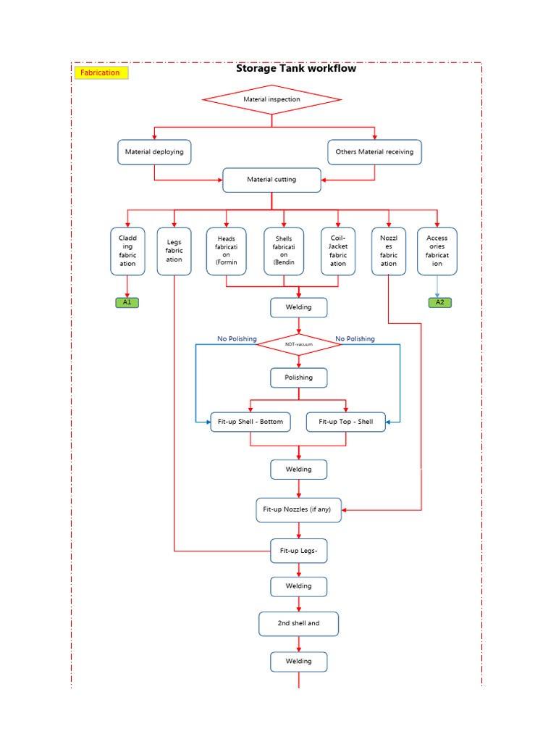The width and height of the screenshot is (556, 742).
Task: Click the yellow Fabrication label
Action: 101,72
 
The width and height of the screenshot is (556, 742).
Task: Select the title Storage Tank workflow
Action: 295,68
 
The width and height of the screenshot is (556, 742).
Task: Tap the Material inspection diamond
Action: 271,99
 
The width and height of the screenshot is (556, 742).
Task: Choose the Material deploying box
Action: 154,152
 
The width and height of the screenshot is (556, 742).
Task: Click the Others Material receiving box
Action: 374,152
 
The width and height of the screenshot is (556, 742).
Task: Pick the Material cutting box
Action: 271,180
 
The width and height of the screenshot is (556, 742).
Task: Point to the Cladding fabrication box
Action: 127,251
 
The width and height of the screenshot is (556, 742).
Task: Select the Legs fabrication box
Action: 174,251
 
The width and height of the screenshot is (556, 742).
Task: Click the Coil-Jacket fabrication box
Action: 338,251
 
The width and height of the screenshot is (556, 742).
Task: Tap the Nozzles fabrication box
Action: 389,251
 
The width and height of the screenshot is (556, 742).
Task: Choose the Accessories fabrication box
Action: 437,251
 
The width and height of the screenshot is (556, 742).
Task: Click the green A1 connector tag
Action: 127,302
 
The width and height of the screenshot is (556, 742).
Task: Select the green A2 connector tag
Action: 439,302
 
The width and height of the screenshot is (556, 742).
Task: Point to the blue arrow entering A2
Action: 437,287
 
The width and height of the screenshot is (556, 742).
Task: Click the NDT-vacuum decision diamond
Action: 298,344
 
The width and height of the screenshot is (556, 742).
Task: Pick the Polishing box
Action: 298,378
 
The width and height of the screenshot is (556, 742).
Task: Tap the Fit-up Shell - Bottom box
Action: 250,422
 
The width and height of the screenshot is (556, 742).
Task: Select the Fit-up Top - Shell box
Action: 345,422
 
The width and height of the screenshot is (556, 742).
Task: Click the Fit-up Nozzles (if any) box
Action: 298,509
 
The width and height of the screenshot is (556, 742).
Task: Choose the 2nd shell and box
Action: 298,623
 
